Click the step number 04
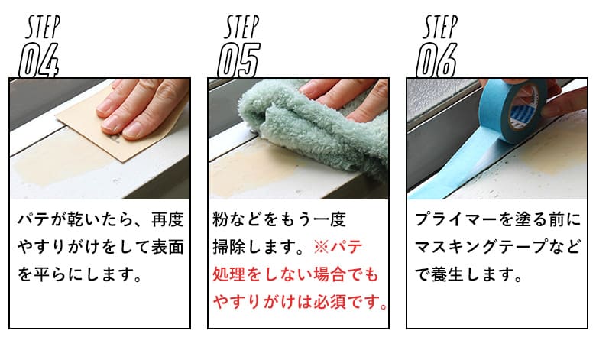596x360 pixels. (x=39, y=60)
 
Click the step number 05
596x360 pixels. (x=238, y=60)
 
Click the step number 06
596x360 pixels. (x=437, y=60)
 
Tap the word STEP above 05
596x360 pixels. (x=241, y=27)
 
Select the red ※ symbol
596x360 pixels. (x=321, y=247)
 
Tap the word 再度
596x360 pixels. (x=167, y=219)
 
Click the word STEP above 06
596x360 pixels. (x=440, y=27)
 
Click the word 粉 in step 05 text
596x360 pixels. (x=220, y=219)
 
